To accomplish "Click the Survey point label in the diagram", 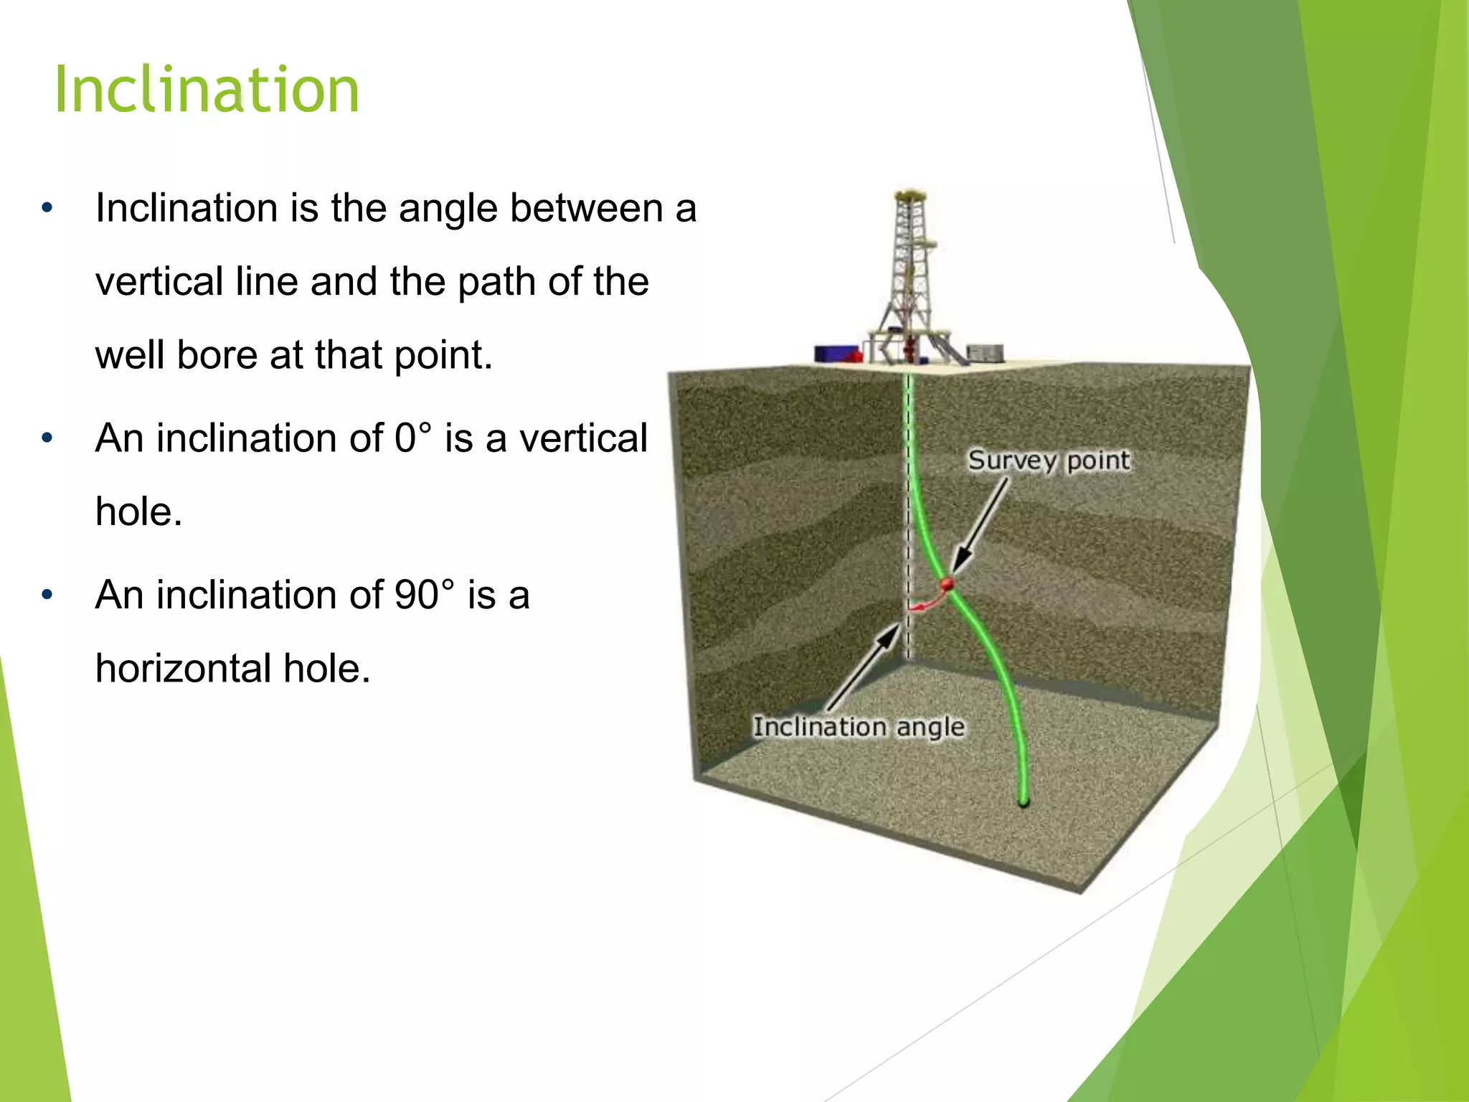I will [x=1049, y=461].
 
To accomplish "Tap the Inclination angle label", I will [x=859, y=727].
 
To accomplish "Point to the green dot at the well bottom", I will [x=1024, y=802].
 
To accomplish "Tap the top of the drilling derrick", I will [x=910, y=195].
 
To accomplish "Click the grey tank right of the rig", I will [x=985, y=353].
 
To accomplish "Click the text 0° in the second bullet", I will [x=413, y=438].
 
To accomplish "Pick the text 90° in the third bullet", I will [x=424, y=595].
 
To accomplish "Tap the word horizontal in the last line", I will [x=183, y=669].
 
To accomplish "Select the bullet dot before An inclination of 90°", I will [x=47, y=595].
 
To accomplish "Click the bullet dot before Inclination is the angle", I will [x=47, y=209].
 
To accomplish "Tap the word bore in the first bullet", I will [x=217, y=355].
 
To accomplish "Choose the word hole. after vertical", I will [x=138, y=512].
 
